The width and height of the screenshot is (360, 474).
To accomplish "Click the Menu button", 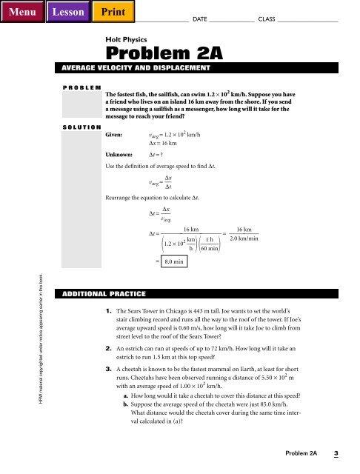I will (x=20, y=11).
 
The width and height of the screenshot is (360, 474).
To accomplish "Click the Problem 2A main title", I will (x=154, y=53).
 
